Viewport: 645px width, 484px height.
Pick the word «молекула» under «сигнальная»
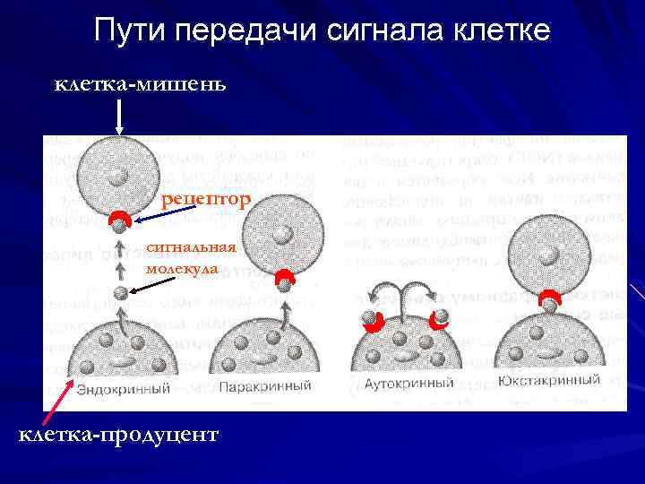click(179, 268)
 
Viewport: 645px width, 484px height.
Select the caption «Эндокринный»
click(123, 389)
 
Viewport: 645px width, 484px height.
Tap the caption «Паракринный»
click(265, 387)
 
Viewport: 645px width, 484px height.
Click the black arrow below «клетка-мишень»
click(119, 116)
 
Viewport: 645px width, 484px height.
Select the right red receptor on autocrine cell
click(438, 318)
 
